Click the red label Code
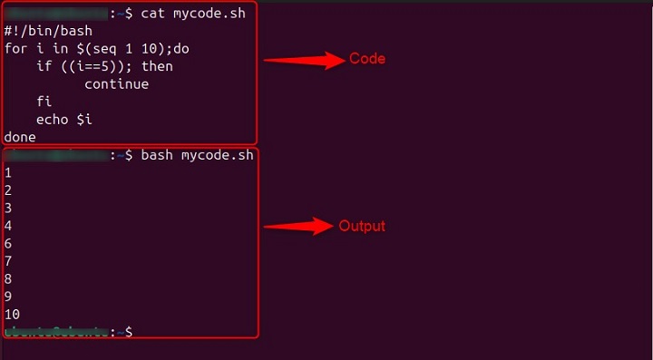[x=367, y=59]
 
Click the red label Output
[x=362, y=226]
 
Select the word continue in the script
[x=116, y=84]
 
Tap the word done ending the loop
[x=20, y=137]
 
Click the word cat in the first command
[x=152, y=14]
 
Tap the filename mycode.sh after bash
[x=218, y=155]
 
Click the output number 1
[x=8, y=172]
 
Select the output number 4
[x=8, y=225]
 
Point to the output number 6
[x=8, y=243]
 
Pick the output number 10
[x=12, y=314]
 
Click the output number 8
[x=8, y=278]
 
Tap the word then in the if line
[x=157, y=66]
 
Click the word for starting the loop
[x=16, y=49]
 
